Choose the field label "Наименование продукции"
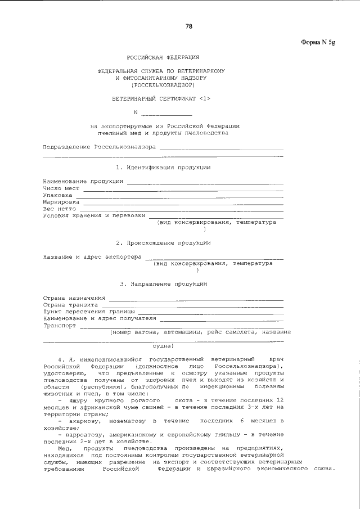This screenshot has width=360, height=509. [x=83, y=181]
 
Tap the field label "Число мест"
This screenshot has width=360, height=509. [x=61, y=188]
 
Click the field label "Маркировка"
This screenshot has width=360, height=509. [x=61, y=201]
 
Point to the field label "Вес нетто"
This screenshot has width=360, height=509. [x=60, y=208]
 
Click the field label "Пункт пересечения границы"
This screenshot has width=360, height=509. [x=89, y=311]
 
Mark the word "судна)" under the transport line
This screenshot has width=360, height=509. [x=163, y=345]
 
